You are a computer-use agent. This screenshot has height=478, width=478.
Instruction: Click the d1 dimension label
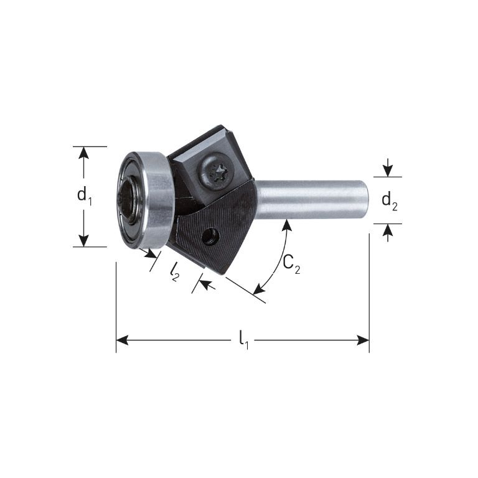pos(85,196)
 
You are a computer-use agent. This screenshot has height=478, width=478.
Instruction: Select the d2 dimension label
pos(390,202)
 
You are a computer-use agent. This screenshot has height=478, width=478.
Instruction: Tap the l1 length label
pos(243,340)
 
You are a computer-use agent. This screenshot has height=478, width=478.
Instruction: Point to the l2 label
pos(175,272)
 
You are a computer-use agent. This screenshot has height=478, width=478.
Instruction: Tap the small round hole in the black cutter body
pos(211,237)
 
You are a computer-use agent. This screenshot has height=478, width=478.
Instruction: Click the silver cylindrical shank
pos(312,200)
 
